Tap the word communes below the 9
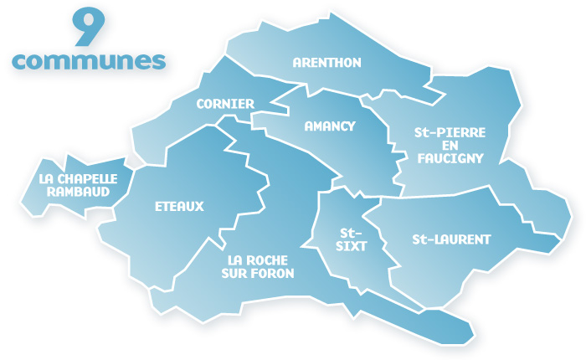click(x=89, y=60)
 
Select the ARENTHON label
click(x=326, y=63)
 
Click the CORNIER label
click(x=225, y=104)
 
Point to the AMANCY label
click(x=330, y=126)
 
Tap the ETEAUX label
click(x=179, y=206)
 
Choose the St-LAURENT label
click(x=451, y=239)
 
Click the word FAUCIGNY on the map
click(x=449, y=158)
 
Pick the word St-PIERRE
click(x=450, y=132)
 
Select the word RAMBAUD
click(x=78, y=191)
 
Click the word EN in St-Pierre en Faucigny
click(x=450, y=146)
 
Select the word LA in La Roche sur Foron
click(x=235, y=260)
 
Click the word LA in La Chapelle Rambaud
click(x=48, y=178)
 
